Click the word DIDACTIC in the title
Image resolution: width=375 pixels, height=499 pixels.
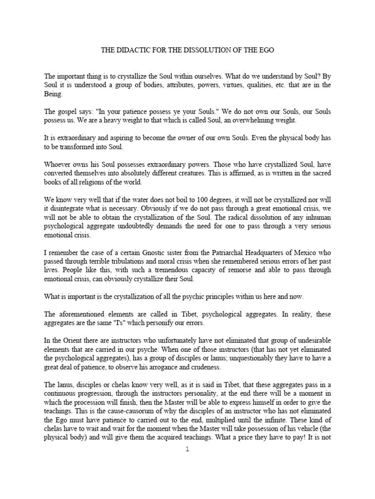pyautogui.click(x=133, y=50)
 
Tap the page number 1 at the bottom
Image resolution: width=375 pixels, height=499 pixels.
pyautogui.click(x=187, y=449)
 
